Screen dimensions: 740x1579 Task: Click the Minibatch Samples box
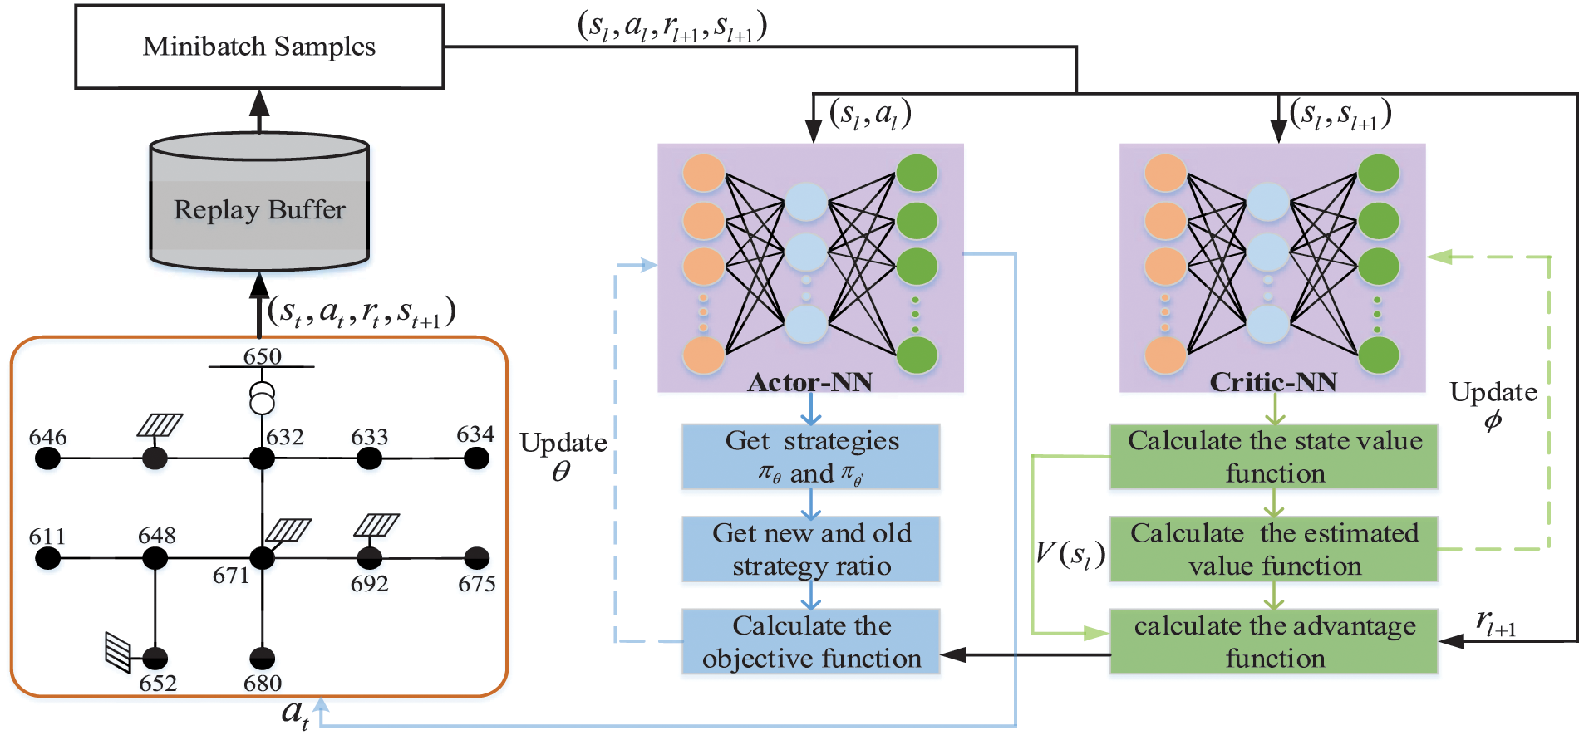[x=259, y=47]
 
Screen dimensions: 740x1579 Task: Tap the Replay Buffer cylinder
[x=259, y=208]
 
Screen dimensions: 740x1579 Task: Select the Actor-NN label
[x=810, y=382]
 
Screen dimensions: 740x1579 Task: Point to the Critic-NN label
[x=1273, y=382]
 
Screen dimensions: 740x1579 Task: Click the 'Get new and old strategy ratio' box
[x=811, y=550]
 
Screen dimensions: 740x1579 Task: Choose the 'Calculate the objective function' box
[x=811, y=642]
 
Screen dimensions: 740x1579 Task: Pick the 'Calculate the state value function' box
[x=1274, y=457]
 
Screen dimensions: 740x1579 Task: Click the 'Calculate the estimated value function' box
[x=1274, y=550]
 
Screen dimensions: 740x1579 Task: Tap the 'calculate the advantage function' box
[x=1274, y=642]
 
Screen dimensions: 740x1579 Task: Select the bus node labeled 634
[x=476, y=458]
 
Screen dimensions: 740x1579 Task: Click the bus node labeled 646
[x=48, y=458]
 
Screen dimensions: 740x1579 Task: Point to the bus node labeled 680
[x=263, y=659]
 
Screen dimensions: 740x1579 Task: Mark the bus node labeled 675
[x=476, y=558]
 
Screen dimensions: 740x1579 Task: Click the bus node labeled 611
[x=48, y=558]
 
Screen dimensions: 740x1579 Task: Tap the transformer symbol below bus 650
[x=263, y=399]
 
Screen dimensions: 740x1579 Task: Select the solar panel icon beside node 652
[x=119, y=652]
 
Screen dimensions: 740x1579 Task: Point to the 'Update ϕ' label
[x=1493, y=405]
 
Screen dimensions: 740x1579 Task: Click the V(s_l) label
[x=1070, y=553]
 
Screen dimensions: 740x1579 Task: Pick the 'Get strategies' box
[x=811, y=457]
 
